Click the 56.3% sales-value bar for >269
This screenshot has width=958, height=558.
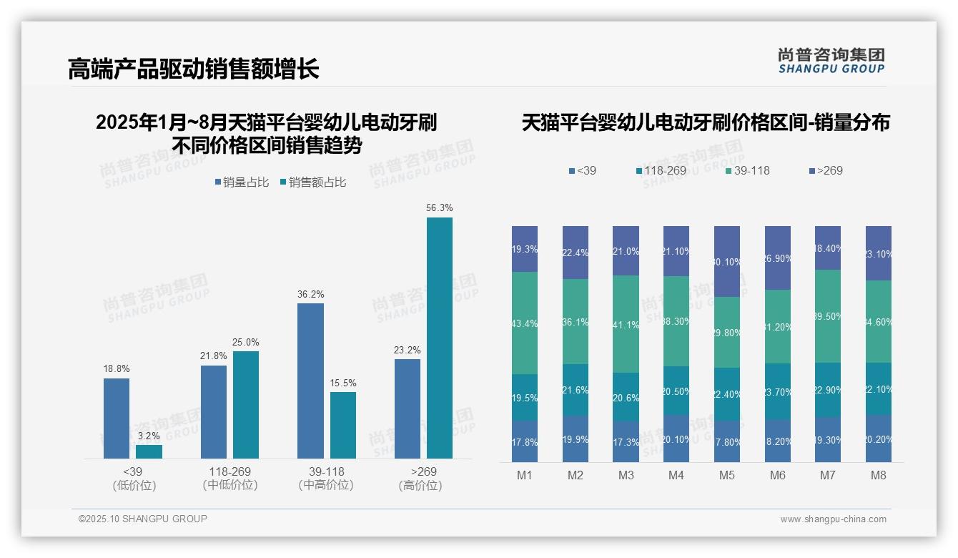(440, 338)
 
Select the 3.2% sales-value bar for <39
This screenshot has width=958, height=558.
(149, 451)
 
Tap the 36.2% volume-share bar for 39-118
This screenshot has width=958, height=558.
(310, 381)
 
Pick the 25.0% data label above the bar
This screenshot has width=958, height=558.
(245, 343)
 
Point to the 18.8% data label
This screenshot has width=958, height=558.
(117, 369)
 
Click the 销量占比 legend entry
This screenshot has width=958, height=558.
(242, 182)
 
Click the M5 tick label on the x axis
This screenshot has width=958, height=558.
(727, 476)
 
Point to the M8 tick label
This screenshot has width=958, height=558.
(879, 476)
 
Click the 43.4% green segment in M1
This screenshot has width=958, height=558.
(525, 323)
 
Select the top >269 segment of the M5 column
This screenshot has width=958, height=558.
(727, 261)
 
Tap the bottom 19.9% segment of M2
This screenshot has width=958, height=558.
(575, 439)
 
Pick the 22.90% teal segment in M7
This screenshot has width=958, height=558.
(828, 390)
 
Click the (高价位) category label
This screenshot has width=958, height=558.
(420, 486)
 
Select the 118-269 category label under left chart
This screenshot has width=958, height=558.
(229, 471)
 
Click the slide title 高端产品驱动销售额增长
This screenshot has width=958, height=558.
(194, 69)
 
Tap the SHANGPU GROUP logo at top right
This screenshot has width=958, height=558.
(831, 61)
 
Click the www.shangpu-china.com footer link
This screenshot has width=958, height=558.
(833, 519)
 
